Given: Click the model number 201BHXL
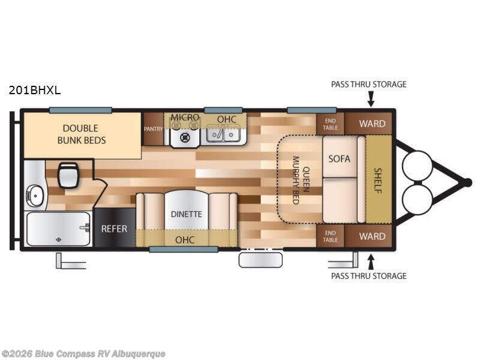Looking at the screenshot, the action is pos(35,91).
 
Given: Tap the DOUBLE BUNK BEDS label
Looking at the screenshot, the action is pos(82,134).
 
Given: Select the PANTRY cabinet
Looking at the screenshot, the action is pos(154,129).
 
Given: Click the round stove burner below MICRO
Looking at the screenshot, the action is pos(185,137).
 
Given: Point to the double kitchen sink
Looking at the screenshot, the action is pos(223,134).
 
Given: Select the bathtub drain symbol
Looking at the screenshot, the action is pos(58,239).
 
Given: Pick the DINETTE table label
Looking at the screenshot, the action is pos(186,214).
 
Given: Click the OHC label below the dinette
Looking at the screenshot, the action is pos(185,239).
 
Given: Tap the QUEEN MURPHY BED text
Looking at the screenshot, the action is pos(301,180).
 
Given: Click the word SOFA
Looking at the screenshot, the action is pos(339,158).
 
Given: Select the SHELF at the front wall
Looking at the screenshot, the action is pos(379,179).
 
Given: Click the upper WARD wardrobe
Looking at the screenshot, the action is pos(368,124).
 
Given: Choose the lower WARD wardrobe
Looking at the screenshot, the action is pos(368,236).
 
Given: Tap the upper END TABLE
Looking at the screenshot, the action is pos(331,124).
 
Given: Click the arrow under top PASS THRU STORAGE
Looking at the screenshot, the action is pos(371,100).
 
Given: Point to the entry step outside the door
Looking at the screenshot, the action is pos(260,260).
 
